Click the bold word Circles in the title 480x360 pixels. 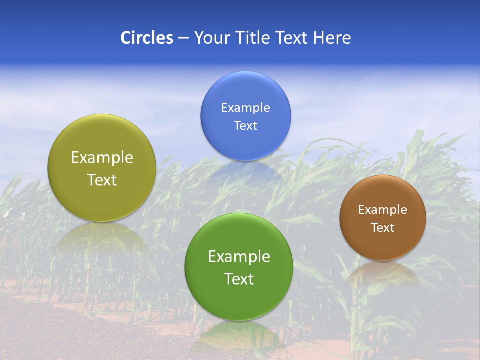click(x=147, y=38)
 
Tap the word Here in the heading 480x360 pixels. click(x=332, y=38)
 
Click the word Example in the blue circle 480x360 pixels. click(x=246, y=108)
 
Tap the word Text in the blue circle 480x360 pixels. click(x=246, y=126)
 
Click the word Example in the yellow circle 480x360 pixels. click(x=102, y=158)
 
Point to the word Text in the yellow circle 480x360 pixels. click(x=102, y=180)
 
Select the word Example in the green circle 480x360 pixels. click(x=239, y=257)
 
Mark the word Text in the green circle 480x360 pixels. click(x=239, y=279)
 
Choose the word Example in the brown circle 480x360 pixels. click(x=383, y=210)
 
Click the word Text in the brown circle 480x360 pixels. click(x=383, y=228)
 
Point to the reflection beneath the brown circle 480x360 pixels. click(x=383, y=273)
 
